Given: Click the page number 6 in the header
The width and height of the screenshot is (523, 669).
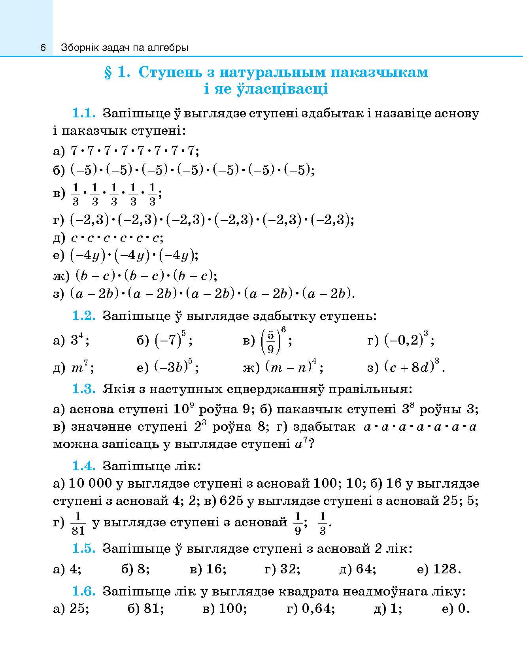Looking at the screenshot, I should pos(43,48).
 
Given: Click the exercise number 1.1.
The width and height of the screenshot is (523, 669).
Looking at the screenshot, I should pos(83,113).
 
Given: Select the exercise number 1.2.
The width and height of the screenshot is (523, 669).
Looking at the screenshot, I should pos(83,316).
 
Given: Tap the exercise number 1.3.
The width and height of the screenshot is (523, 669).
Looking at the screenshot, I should pos(83,389).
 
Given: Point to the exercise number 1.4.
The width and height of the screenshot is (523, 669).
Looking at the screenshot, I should pos(83,466).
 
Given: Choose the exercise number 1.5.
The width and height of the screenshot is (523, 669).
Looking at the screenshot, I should pos(83,548).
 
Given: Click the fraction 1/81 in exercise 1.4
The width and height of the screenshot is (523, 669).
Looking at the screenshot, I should pos(78,523).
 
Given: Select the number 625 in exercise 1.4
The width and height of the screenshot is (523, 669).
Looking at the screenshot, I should pos(231,501).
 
